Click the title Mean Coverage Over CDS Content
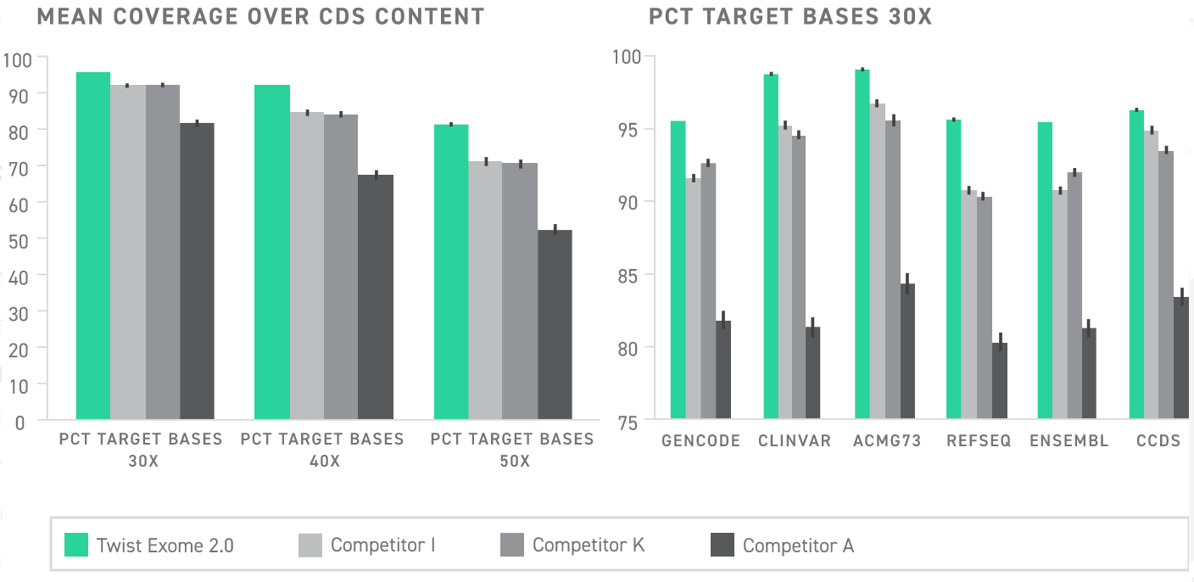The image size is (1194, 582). click(260, 16)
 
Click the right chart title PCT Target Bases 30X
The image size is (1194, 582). click(789, 16)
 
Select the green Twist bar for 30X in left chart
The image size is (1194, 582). click(93, 246)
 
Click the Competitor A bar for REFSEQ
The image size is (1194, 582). click(1000, 381)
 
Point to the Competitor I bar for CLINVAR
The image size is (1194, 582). click(785, 272)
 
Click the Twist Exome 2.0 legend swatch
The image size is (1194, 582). click(77, 546)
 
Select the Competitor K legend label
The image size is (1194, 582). click(589, 545)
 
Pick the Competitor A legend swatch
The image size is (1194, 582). click(723, 546)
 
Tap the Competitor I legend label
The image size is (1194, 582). click(382, 545)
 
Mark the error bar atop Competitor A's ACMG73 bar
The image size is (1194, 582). click(907, 283)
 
